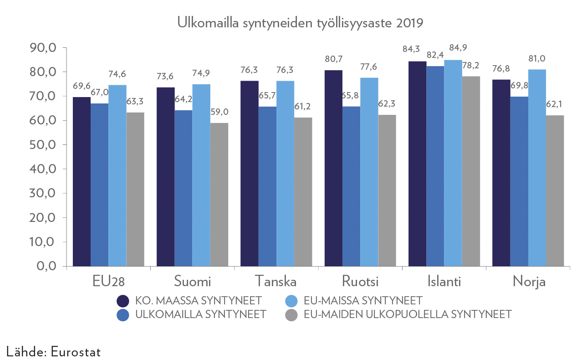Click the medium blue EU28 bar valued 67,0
point(99,185)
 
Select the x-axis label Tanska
point(276,281)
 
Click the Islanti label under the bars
point(444,281)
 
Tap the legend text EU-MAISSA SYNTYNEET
point(363,301)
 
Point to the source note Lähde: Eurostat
point(54,352)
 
